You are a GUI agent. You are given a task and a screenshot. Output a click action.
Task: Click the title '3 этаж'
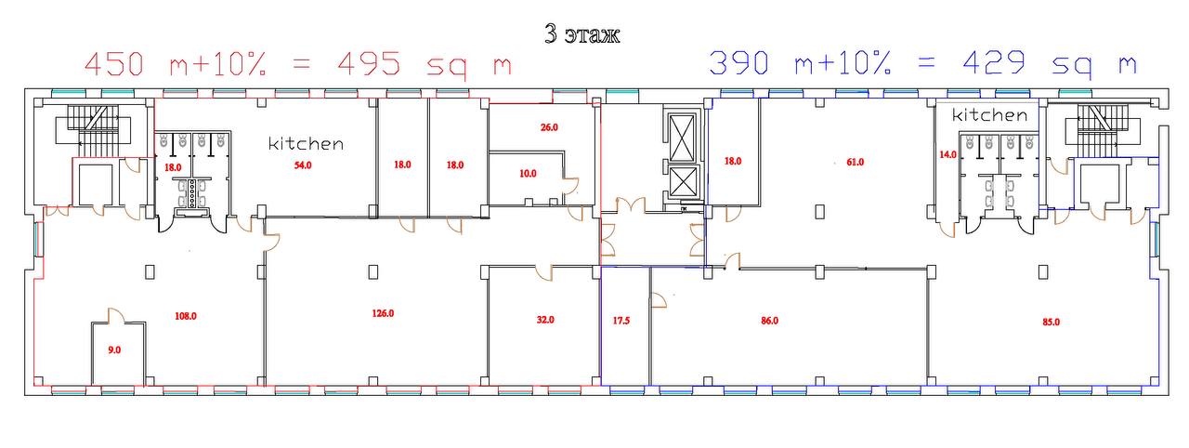[x=581, y=34]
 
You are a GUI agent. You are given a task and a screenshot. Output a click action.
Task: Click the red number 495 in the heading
[x=369, y=64]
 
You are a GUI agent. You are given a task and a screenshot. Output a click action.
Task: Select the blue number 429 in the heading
[x=994, y=62]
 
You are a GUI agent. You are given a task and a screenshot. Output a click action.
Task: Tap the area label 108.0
[x=186, y=316]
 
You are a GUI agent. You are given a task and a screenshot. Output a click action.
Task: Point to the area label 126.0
[x=383, y=314]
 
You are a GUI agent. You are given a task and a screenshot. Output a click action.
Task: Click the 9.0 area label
[x=114, y=350]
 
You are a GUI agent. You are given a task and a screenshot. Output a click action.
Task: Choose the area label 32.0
[x=545, y=320]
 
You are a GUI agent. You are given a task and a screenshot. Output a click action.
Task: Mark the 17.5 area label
[x=621, y=321]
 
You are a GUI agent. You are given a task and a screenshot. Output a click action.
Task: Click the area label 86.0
[x=769, y=321]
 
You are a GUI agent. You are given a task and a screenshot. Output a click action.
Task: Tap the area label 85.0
[x=1051, y=323]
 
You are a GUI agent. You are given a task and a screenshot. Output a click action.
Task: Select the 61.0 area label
[x=855, y=163]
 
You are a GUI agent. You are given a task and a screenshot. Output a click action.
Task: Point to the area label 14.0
[x=947, y=155]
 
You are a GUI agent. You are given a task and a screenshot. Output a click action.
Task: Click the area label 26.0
[x=549, y=127]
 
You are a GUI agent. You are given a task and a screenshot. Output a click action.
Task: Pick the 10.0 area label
[x=528, y=174]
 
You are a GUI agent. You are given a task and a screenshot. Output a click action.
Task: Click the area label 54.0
[x=303, y=165]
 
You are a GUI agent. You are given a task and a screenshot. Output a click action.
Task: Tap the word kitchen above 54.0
[x=306, y=143]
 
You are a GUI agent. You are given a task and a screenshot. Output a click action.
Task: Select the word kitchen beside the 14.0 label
[x=989, y=114]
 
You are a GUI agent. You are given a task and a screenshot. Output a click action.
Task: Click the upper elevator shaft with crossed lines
[x=682, y=138]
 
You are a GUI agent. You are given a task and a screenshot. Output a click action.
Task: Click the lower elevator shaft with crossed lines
[x=682, y=181]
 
